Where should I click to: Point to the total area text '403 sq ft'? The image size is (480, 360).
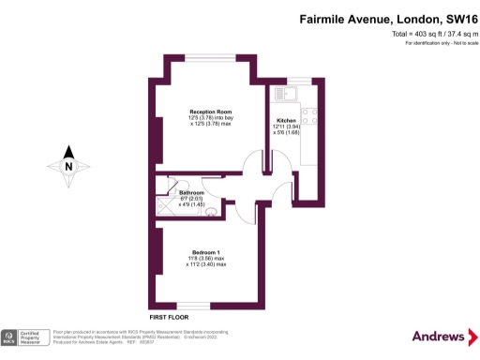404,35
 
